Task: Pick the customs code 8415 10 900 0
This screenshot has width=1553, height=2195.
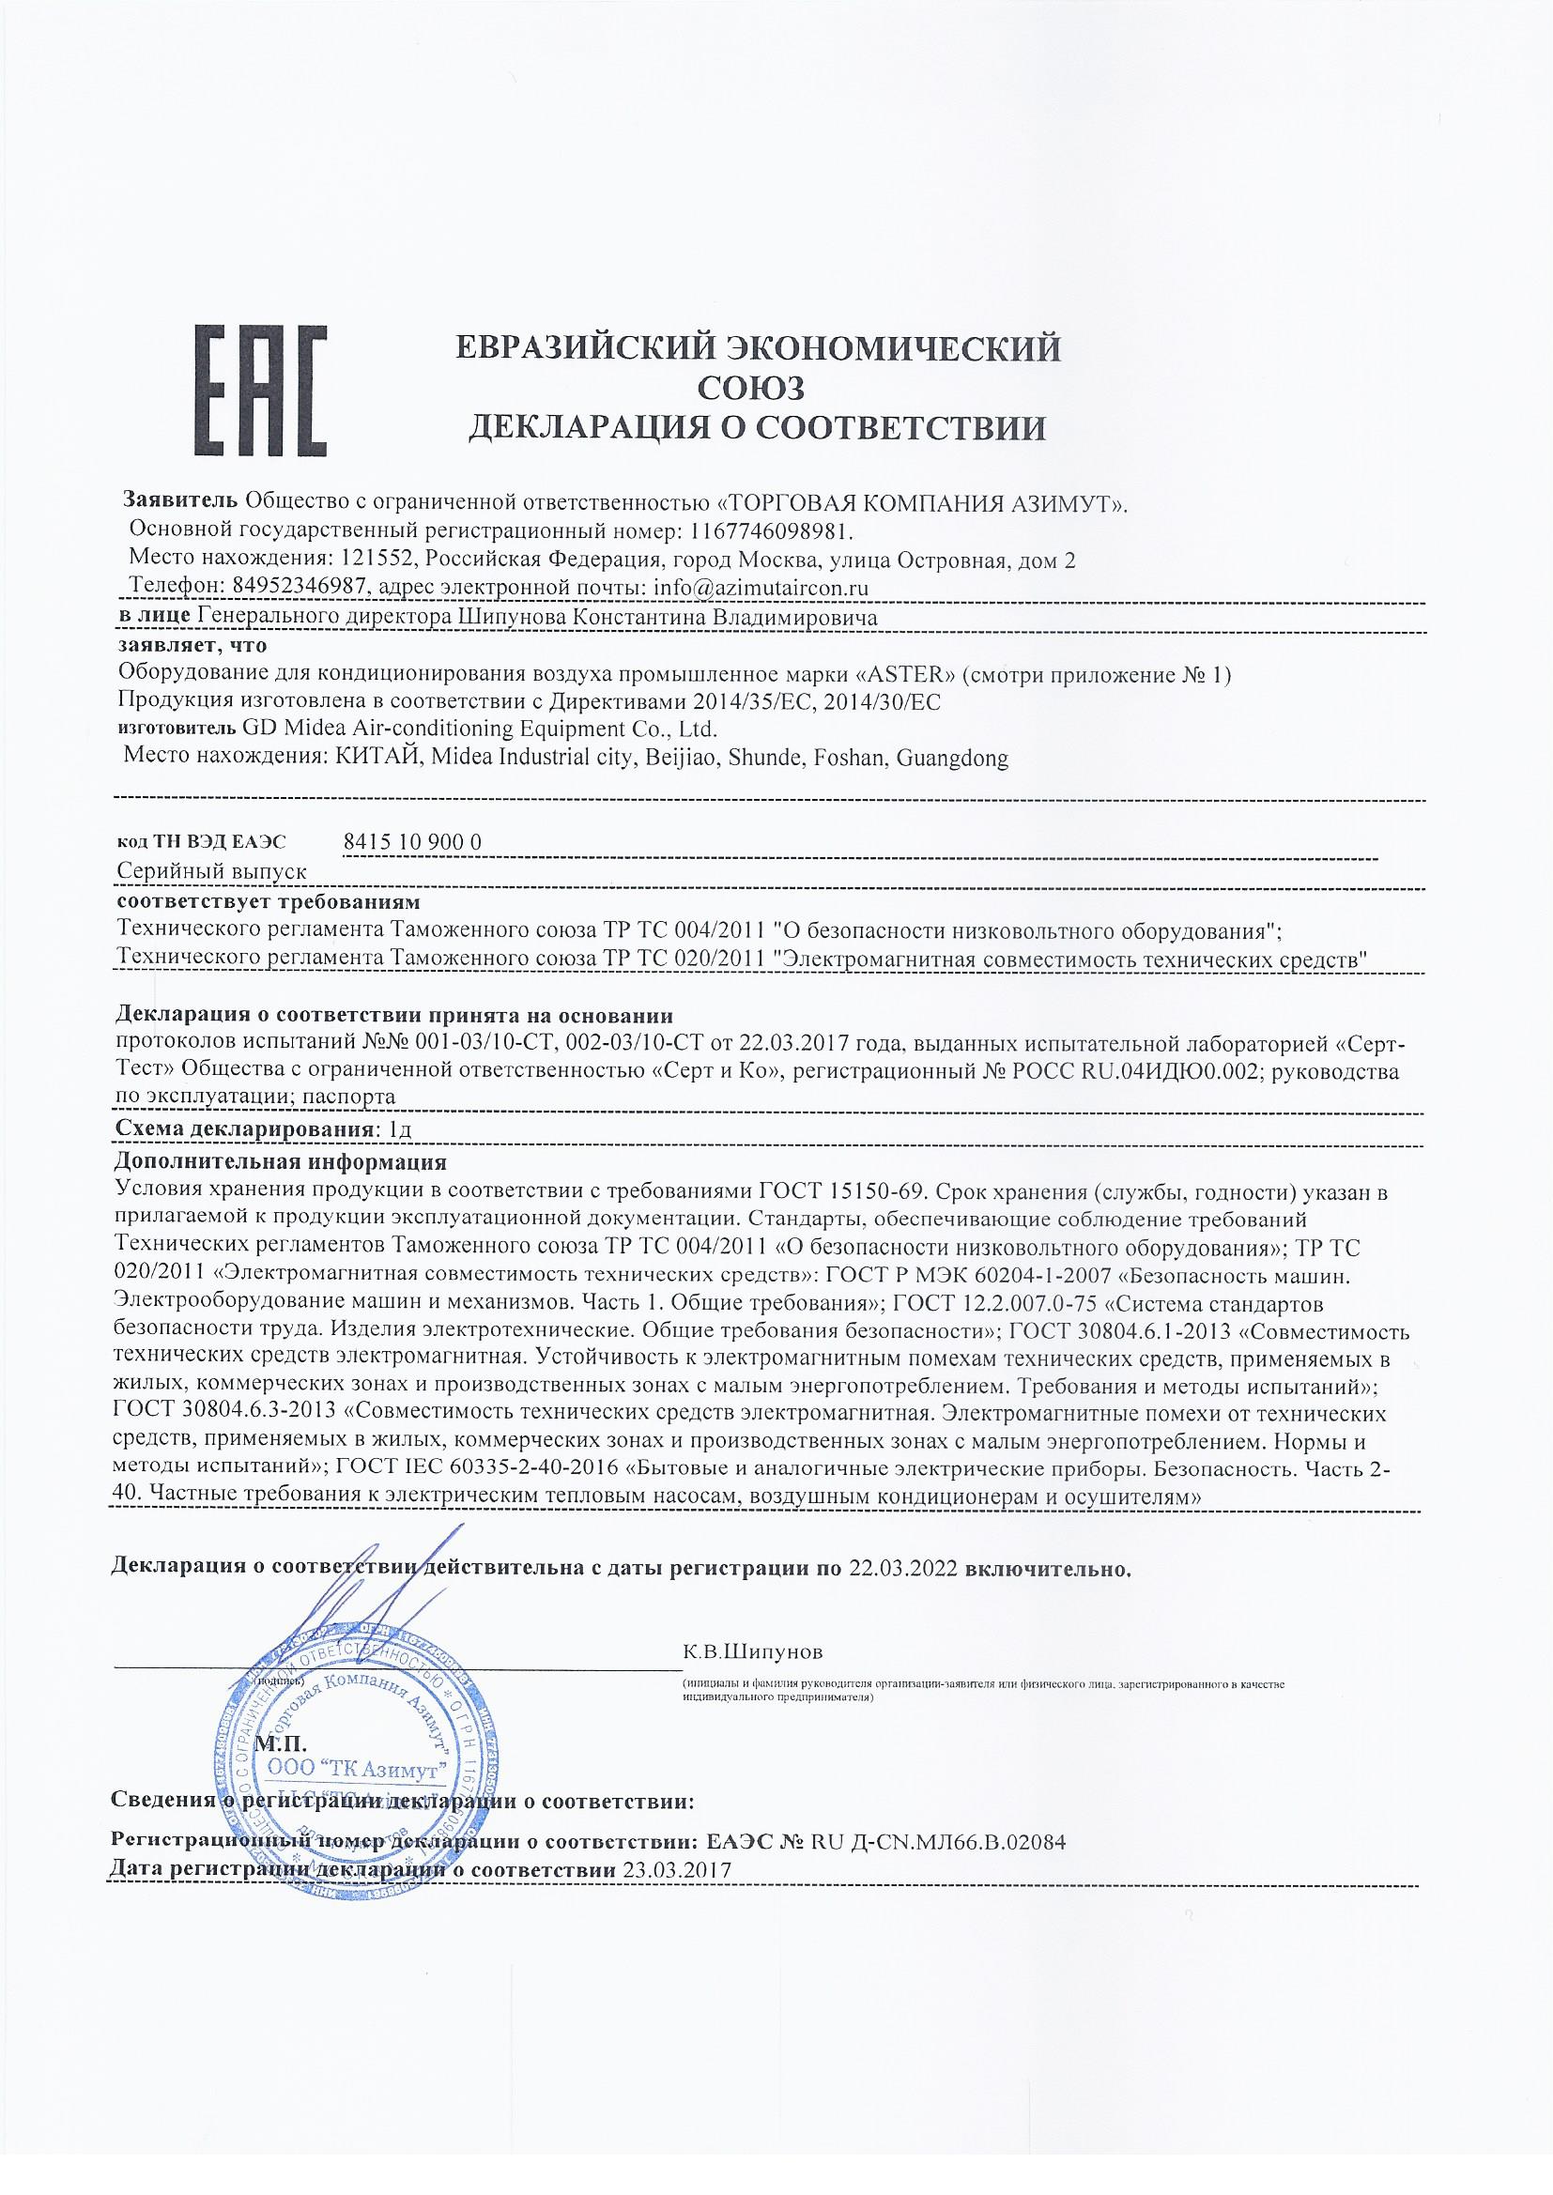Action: (x=410, y=841)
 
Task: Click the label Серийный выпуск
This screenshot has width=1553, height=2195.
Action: (x=210, y=872)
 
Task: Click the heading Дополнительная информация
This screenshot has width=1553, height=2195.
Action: (x=280, y=1163)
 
